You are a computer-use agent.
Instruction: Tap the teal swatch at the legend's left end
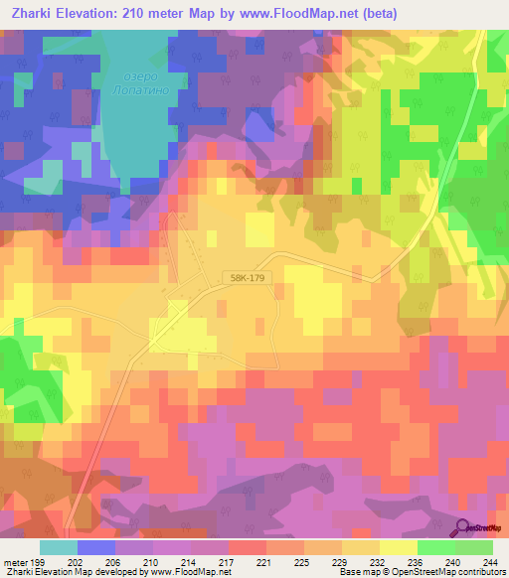58,547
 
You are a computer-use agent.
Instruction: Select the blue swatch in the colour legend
96,547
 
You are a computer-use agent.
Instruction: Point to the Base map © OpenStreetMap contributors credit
422,572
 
